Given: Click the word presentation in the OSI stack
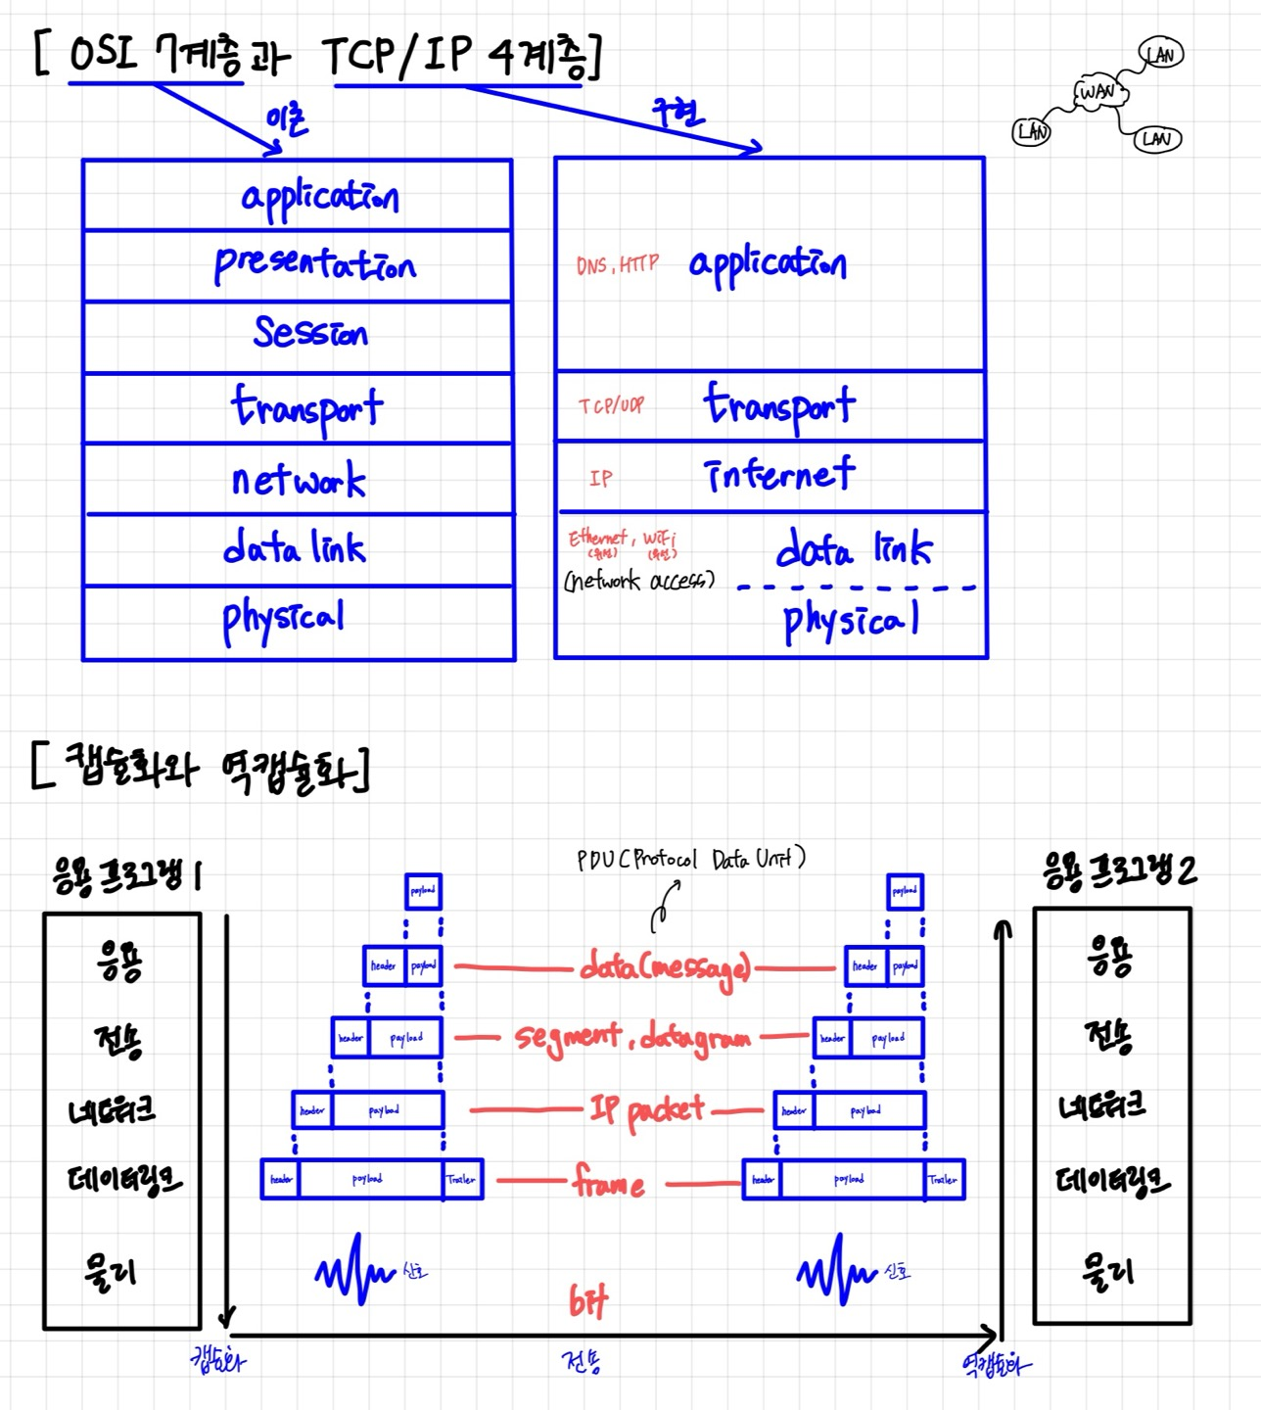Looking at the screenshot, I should [315, 264].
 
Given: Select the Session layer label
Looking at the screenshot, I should [310, 333].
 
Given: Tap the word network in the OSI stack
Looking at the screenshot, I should [299, 479].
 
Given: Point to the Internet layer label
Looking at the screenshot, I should [779, 474].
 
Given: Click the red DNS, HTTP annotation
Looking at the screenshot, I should [617, 264].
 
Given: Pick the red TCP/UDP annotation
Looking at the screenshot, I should [611, 404].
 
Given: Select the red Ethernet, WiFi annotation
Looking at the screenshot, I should [622, 540].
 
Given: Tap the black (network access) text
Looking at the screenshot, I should [639, 581].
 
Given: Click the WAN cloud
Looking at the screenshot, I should [1098, 92].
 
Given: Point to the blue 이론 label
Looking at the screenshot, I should [287, 119].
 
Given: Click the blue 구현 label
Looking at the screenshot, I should [678, 113].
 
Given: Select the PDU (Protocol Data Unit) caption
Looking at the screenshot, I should [690, 860].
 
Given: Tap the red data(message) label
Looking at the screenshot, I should [666, 968].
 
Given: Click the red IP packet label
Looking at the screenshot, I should [646, 1108].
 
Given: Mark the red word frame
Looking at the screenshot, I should [609, 1183].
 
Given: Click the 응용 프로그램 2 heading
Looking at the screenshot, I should [1119, 869].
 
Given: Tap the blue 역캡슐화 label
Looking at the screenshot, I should [995, 1364].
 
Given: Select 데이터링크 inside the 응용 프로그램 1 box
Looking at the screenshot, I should [124, 1179].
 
